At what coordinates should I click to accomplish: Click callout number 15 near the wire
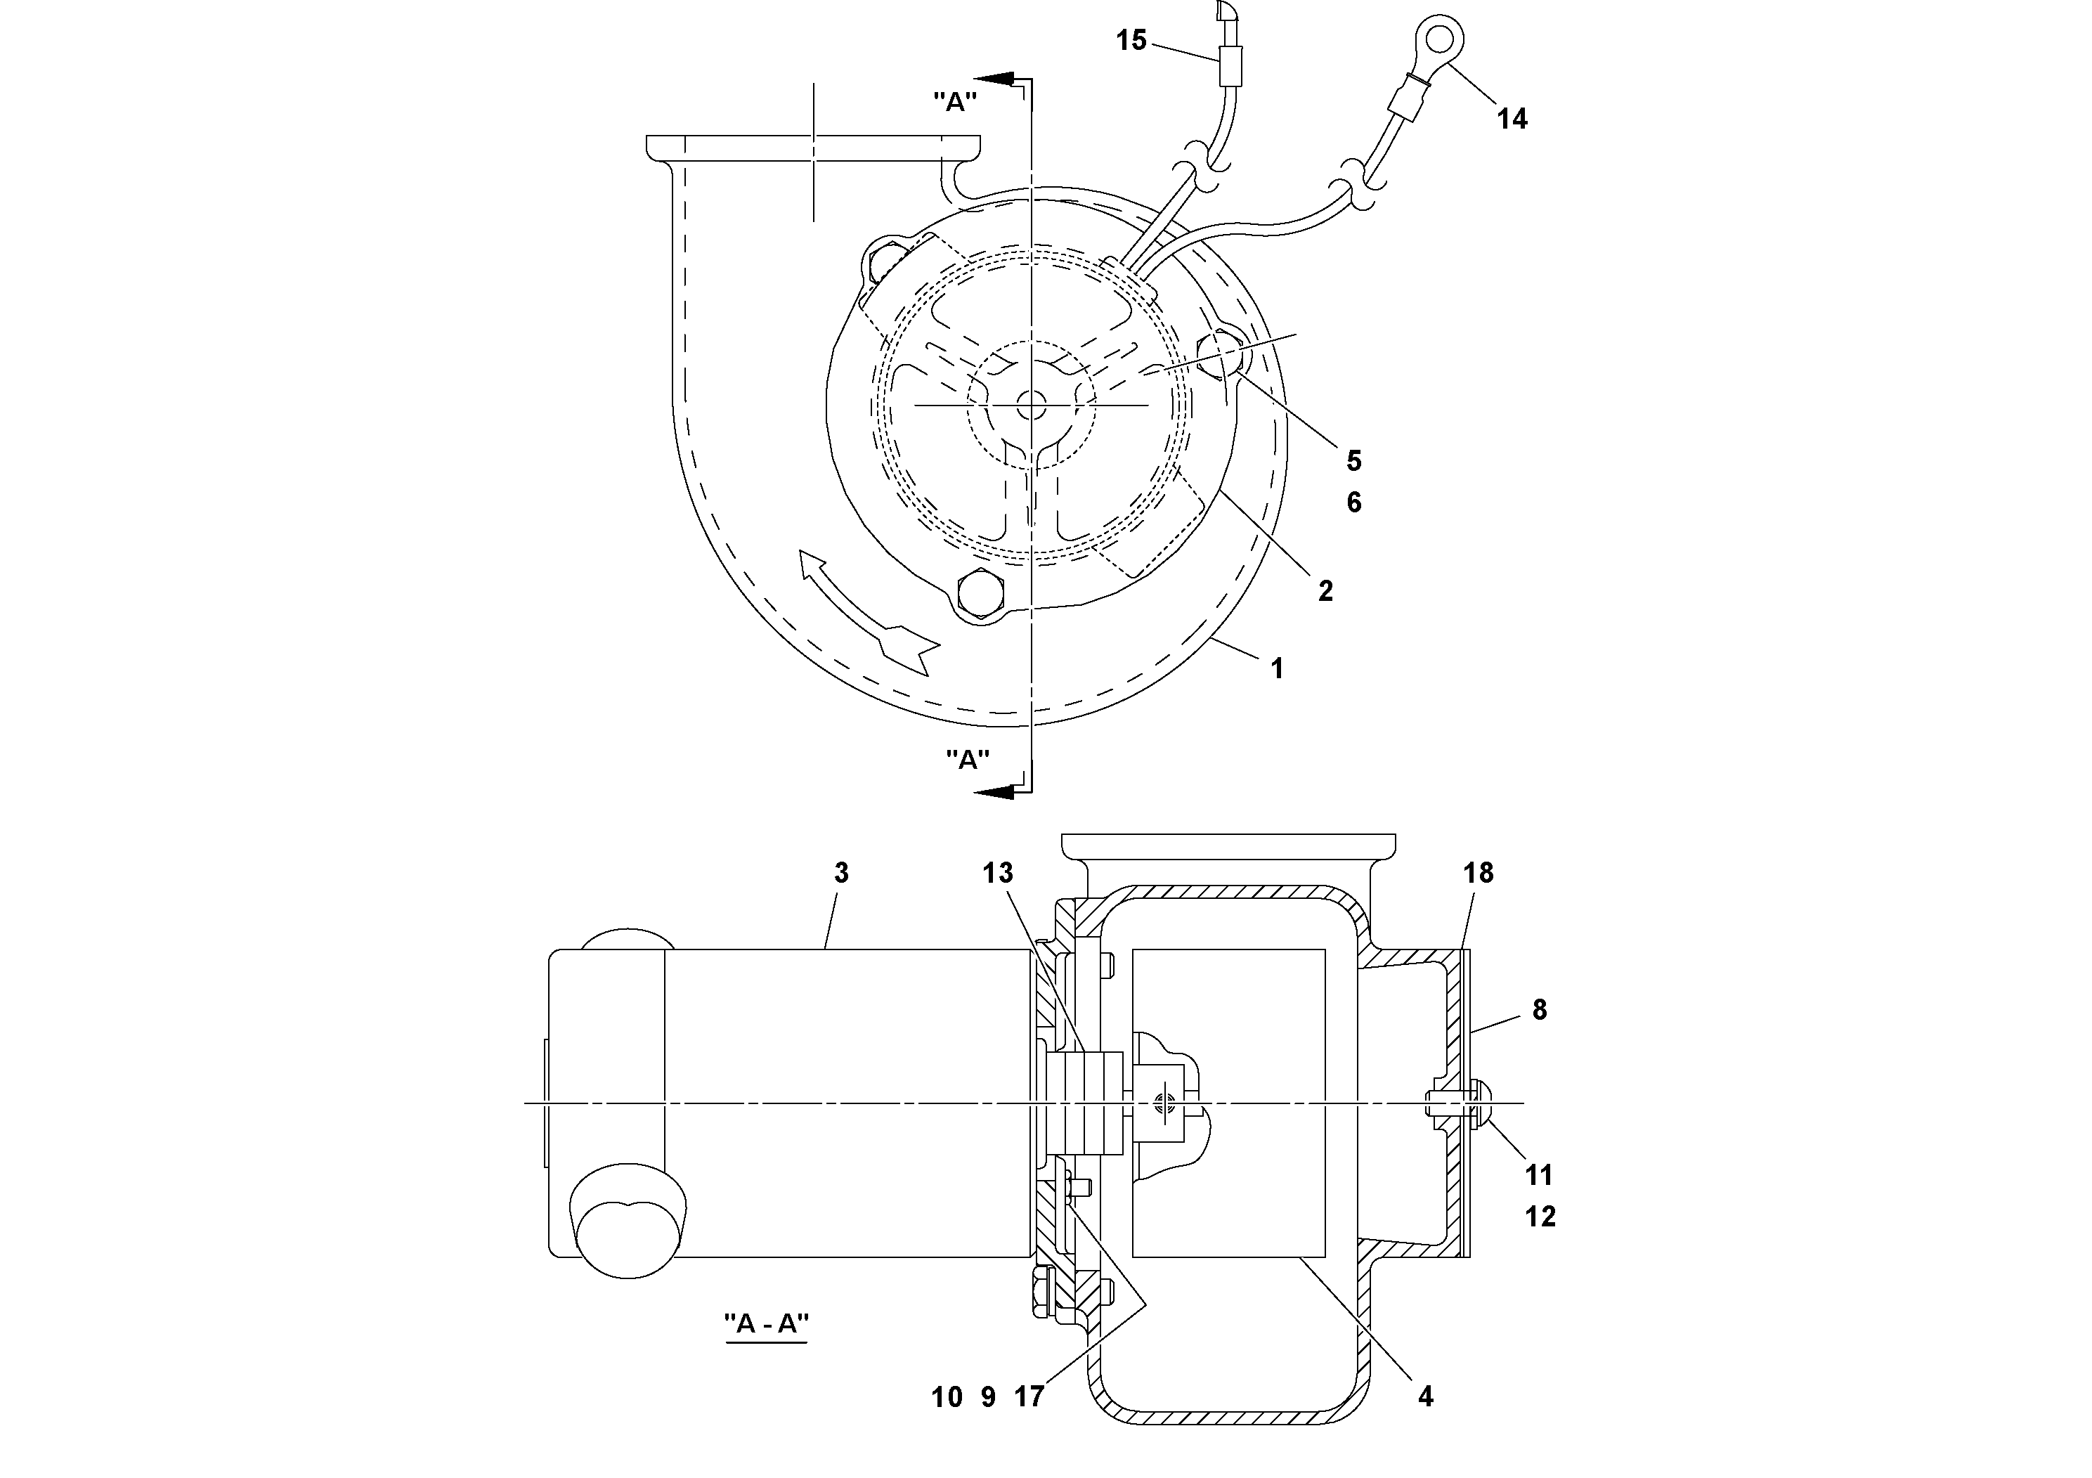(x=1131, y=40)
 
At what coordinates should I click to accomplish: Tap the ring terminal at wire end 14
(x=1440, y=40)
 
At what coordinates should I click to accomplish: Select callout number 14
(x=1512, y=119)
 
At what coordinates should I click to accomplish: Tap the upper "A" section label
(x=955, y=102)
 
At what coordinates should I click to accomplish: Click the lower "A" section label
(x=968, y=759)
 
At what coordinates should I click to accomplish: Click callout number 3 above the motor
(x=841, y=872)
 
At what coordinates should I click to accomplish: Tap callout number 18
(x=1478, y=872)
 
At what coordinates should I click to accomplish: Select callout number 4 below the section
(x=1425, y=1395)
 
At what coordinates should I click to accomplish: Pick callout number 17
(x=1029, y=1395)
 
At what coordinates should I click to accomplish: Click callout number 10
(x=947, y=1396)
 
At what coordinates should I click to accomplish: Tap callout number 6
(x=1354, y=502)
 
